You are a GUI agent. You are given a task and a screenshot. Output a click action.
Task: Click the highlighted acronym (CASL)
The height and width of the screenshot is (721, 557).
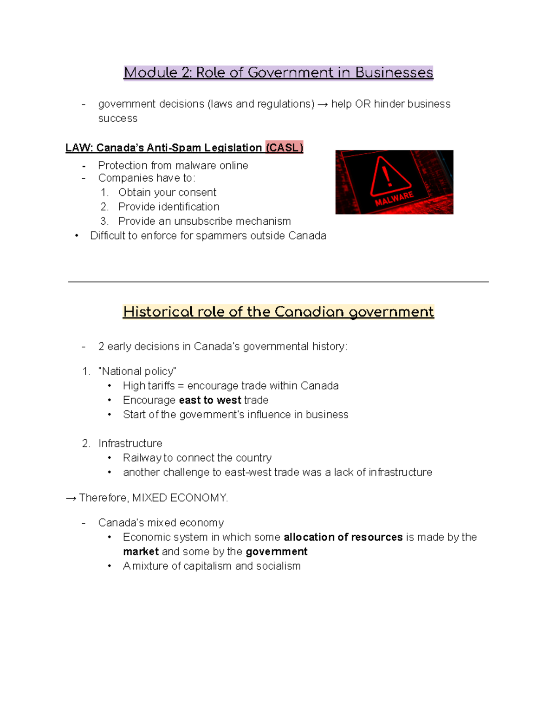point(284,148)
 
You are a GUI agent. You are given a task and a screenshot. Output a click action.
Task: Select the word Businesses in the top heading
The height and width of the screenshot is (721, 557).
point(394,73)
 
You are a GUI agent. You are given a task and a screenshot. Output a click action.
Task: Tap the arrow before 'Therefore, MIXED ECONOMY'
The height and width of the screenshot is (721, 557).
point(71,498)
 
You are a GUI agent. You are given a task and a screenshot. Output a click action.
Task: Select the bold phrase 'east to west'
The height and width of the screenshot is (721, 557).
point(210,400)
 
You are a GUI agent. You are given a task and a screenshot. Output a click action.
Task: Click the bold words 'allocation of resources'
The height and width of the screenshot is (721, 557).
point(343,537)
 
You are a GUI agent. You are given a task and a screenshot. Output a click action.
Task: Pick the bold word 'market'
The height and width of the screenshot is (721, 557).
point(141,552)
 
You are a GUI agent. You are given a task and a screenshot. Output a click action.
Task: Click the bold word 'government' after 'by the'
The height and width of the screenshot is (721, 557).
point(276,552)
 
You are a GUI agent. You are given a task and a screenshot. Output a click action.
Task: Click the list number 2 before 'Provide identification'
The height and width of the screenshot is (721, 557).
point(104,207)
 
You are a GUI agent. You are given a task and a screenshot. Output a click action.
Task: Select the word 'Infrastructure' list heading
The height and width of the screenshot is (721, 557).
point(130,443)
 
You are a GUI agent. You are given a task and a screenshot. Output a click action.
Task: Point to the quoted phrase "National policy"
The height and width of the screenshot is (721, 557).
point(137,371)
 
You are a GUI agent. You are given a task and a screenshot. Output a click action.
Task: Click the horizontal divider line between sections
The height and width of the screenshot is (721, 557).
point(278,281)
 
